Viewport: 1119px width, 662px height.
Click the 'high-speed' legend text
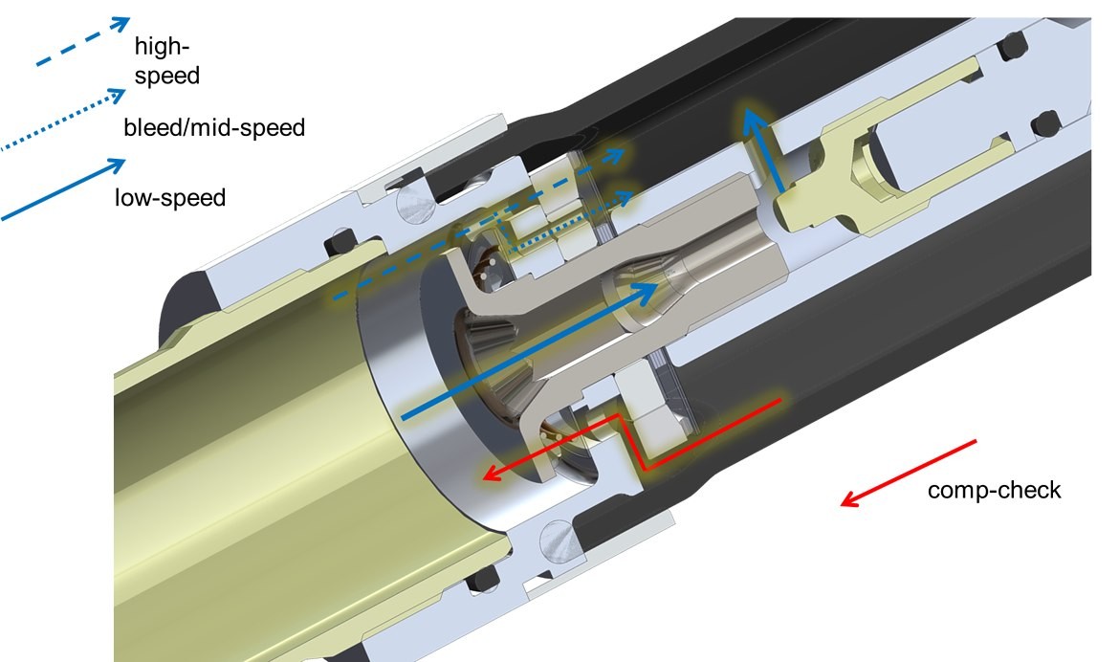coord(167,60)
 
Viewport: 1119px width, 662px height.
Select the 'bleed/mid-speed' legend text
coord(214,128)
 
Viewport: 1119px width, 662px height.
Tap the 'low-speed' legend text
coord(170,197)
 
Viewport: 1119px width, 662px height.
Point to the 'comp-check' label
coord(994,490)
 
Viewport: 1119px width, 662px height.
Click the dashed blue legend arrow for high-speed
coord(83,41)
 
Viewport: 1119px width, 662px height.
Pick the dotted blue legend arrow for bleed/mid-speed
coord(62,120)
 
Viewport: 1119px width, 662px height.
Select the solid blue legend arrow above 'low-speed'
coord(63,188)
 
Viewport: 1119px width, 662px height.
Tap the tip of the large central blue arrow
coord(656,286)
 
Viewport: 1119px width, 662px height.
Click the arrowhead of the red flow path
coord(492,474)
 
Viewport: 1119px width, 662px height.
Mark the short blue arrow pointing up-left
coord(763,150)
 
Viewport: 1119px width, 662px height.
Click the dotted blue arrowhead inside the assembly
coord(625,197)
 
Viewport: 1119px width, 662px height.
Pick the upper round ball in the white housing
coord(415,206)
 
